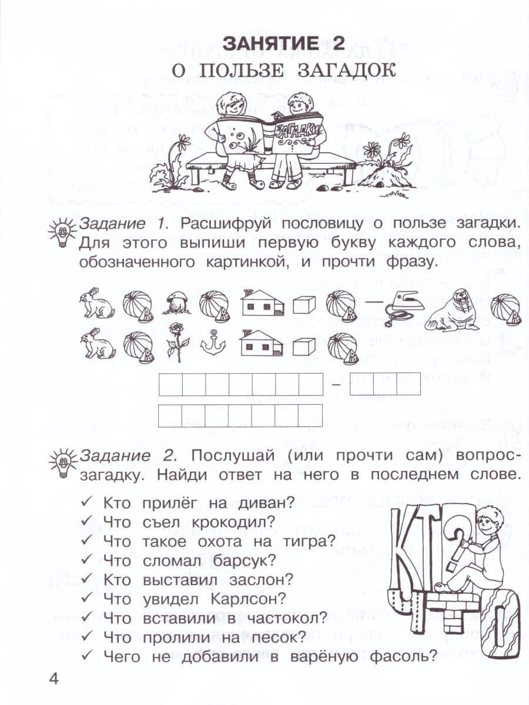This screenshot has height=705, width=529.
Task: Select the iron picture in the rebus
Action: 401,305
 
